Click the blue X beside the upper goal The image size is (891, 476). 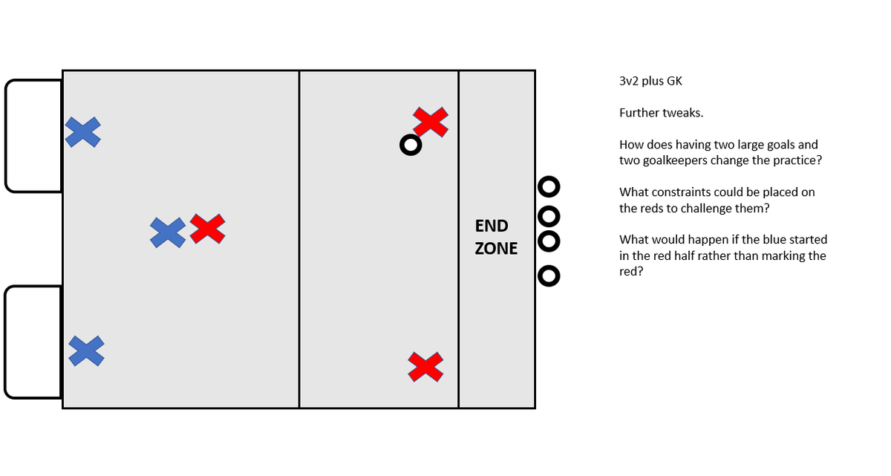83,132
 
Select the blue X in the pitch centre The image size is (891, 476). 168,232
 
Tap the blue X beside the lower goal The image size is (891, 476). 86,351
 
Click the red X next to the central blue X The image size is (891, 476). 208,229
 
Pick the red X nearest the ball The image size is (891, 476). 431,122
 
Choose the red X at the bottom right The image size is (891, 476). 426,367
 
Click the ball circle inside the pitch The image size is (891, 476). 411,145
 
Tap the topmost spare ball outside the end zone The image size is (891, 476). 549,186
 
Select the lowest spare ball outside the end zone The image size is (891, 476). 549,276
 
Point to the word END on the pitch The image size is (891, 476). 492,226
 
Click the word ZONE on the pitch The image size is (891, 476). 496,249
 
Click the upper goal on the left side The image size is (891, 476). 33,136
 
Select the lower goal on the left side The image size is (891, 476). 33,342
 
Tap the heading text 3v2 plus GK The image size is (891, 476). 650,82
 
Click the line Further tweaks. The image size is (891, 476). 661,113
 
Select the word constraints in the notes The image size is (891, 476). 683,192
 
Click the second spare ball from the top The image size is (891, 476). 549,217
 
